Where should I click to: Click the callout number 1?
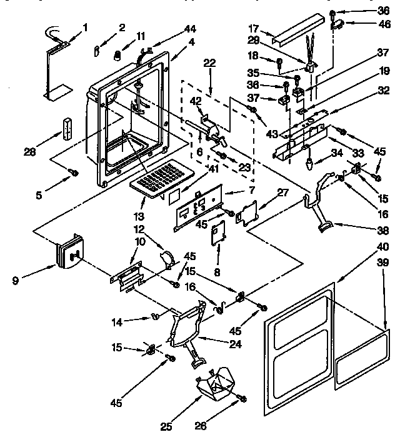coord(86,27)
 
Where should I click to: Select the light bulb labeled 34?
coord(311,163)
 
